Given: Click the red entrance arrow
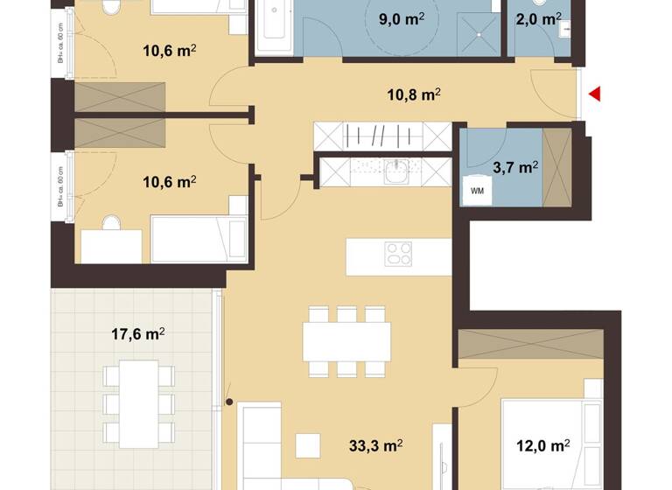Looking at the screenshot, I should pyautogui.click(x=594, y=94).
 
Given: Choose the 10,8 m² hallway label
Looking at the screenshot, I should pyautogui.click(x=413, y=94).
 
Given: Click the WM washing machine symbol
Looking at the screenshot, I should pyautogui.click(x=478, y=191).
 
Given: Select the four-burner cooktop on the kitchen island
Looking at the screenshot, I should pyautogui.click(x=399, y=255).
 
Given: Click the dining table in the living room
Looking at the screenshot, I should pyautogui.click(x=347, y=340).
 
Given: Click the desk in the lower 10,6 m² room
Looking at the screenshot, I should pyautogui.click(x=111, y=245).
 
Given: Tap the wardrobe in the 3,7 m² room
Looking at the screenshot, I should pyautogui.click(x=556, y=166).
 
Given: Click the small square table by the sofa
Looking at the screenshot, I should pyautogui.click(x=309, y=445).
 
